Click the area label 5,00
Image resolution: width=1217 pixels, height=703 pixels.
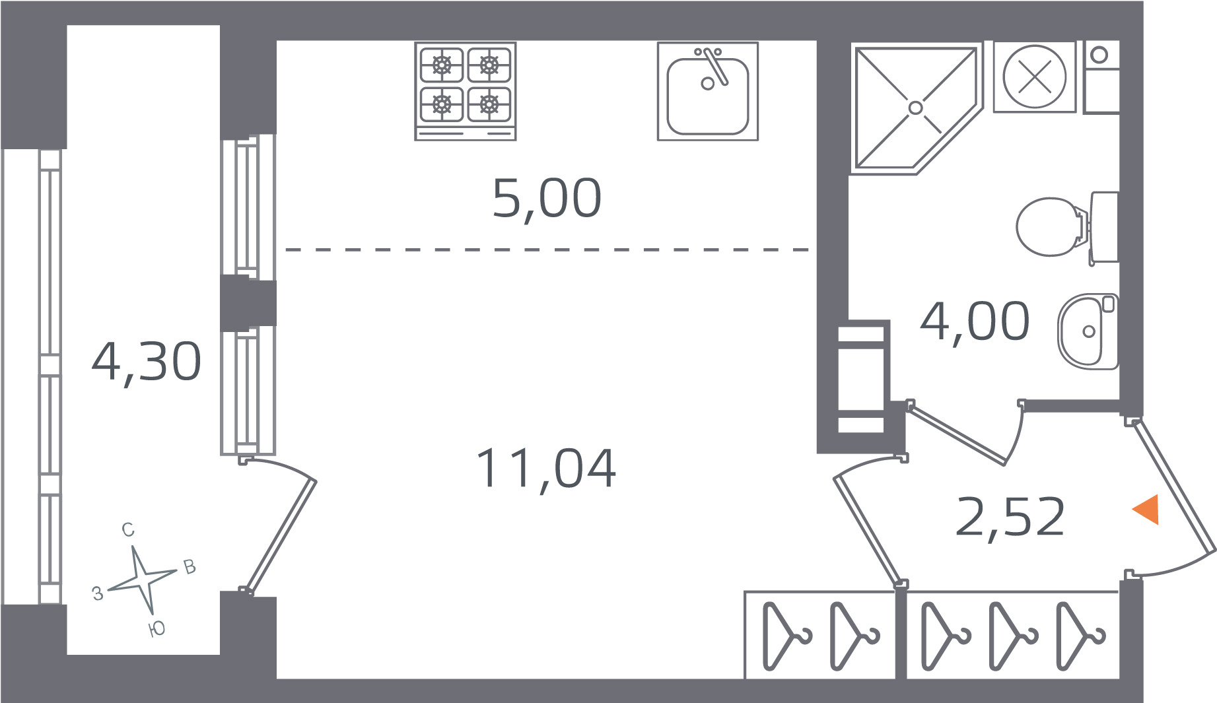click(x=547, y=199)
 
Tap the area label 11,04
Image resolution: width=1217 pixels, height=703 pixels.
click(x=546, y=469)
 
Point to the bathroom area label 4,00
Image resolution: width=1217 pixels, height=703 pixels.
click(x=975, y=321)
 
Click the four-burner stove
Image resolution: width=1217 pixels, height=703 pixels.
click(x=466, y=91)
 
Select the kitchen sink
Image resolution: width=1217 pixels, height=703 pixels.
click(x=708, y=91)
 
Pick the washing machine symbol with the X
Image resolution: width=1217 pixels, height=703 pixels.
click(x=1035, y=77)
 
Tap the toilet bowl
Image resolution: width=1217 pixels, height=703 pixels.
click(x=1067, y=227)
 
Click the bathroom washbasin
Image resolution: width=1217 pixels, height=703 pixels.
click(x=1088, y=331)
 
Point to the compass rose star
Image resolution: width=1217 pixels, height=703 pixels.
click(x=143, y=580)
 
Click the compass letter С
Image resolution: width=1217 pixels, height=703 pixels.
click(x=128, y=529)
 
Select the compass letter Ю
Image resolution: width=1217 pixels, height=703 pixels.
click(x=157, y=629)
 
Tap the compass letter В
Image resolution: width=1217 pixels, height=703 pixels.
click(x=190, y=567)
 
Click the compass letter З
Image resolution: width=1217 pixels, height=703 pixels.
click(x=98, y=593)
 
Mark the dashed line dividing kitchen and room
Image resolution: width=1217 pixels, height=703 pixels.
click(x=547, y=250)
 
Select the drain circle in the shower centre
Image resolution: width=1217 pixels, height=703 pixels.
click(x=916, y=108)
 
